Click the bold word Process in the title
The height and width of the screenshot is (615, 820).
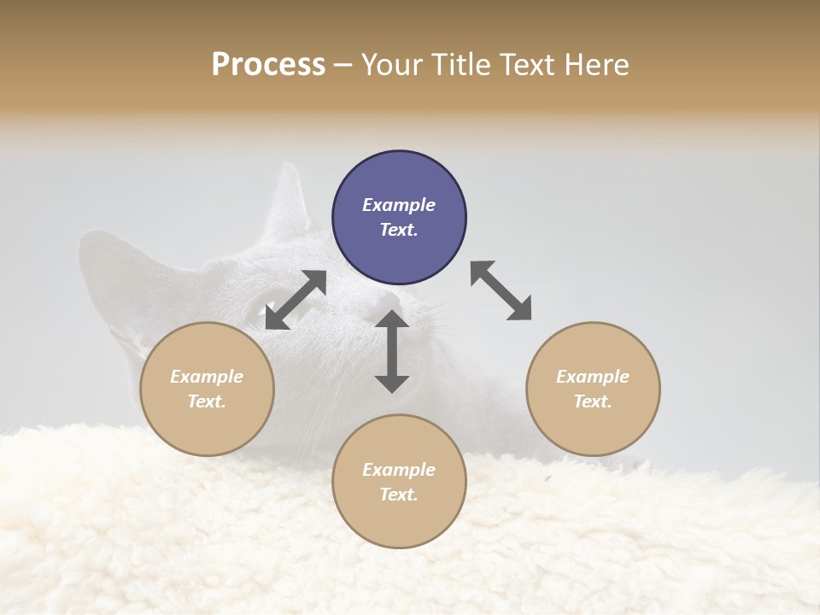(268, 65)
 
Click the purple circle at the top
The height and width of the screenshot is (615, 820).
(399, 217)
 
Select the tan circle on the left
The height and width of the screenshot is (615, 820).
(207, 389)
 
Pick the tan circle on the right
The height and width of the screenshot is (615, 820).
(593, 389)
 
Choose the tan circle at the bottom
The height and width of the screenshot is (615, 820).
(399, 481)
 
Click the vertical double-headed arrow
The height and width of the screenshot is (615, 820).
(392, 351)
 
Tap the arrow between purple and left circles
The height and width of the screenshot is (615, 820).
(296, 300)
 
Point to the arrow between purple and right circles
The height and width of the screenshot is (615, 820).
(501, 291)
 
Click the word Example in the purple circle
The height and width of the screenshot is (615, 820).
(399, 205)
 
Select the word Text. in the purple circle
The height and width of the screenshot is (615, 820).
(399, 230)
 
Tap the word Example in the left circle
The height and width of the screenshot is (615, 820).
(207, 377)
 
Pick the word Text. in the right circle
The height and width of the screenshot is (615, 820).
(593, 401)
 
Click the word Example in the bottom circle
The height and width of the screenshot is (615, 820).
(399, 470)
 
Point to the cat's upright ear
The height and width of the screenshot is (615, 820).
(288, 205)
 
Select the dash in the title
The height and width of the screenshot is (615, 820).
(343, 65)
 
